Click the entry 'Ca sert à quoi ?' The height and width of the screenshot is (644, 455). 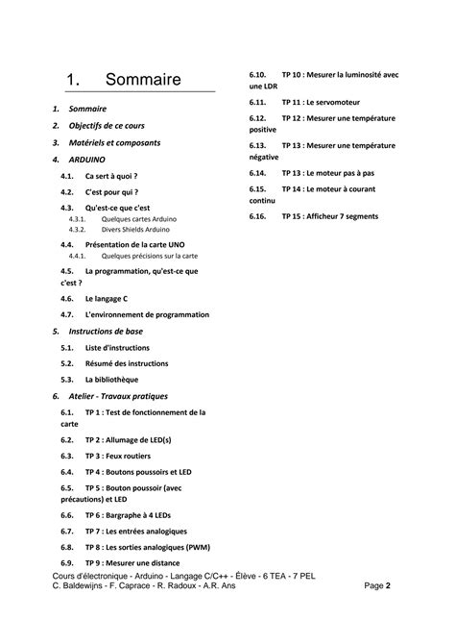pyautogui.click(x=111, y=177)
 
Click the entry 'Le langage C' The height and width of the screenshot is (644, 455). pyautogui.click(x=106, y=298)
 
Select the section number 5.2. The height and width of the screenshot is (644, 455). pyautogui.click(x=66, y=363)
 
